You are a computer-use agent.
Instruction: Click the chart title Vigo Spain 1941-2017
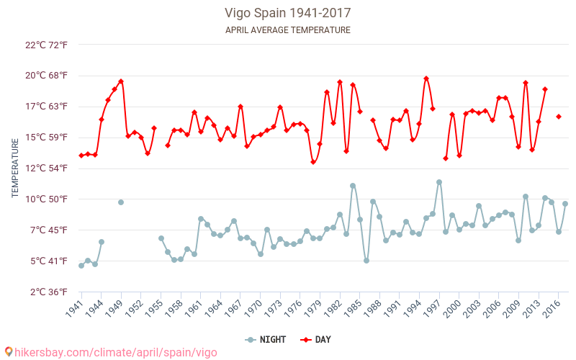click(287, 13)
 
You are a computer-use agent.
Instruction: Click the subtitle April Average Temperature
click(287, 30)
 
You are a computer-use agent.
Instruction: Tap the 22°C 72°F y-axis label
click(47, 45)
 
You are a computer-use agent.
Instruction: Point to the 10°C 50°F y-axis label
click(47, 199)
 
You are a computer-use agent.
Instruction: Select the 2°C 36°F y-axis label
click(47, 292)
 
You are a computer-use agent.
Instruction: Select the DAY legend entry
click(315, 340)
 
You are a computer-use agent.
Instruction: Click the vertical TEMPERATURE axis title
click(16, 168)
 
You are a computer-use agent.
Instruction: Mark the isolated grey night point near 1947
click(121, 202)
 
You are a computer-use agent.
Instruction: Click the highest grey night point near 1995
click(439, 182)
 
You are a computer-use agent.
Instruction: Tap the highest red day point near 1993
click(426, 78)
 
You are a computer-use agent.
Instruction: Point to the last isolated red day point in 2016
click(559, 117)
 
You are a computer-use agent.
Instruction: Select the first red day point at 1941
click(81, 156)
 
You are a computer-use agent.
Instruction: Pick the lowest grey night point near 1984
click(366, 261)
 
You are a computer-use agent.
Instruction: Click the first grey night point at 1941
click(81, 266)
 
